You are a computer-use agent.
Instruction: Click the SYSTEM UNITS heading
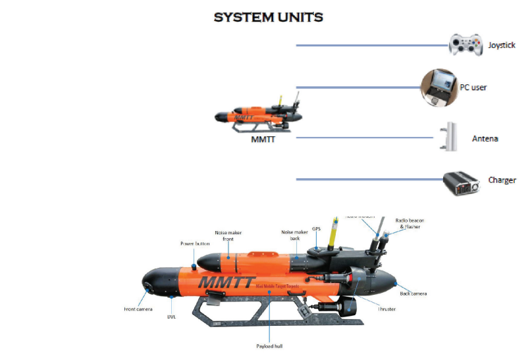pyautogui.click(x=268, y=17)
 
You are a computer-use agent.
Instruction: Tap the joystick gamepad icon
pyautogui.click(x=466, y=45)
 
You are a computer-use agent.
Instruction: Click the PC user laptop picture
pyautogui.click(x=440, y=86)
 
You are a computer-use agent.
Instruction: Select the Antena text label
pyautogui.click(x=485, y=139)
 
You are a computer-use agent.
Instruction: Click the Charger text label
pyautogui.click(x=502, y=180)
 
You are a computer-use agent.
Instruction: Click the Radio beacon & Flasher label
pyautogui.click(x=408, y=223)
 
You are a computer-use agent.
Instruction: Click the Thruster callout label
pyautogui.click(x=386, y=309)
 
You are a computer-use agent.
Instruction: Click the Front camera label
pyautogui.click(x=138, y=308)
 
